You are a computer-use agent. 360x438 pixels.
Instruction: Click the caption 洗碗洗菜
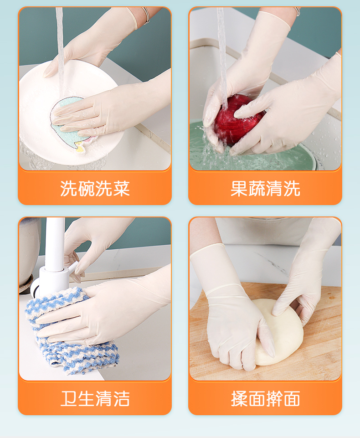tap(95, 189)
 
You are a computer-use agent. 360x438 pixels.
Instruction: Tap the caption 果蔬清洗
tap(265, 189)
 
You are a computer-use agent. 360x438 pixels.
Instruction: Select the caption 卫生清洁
tap(95, 399)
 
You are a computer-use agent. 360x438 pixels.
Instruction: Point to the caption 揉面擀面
tap(265, 399)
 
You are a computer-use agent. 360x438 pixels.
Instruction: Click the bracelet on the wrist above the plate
tap(146, 15)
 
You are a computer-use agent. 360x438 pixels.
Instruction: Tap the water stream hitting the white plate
tap(60, 50)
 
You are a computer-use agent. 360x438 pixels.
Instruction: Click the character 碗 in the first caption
tap(86, 189)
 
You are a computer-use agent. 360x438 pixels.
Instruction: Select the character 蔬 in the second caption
tap(257, 189)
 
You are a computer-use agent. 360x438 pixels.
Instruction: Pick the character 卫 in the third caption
tap(69, 399)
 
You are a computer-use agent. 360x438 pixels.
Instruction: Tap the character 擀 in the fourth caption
tap(274, 399)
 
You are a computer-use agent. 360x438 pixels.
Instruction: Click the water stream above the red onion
tap(222, 56)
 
